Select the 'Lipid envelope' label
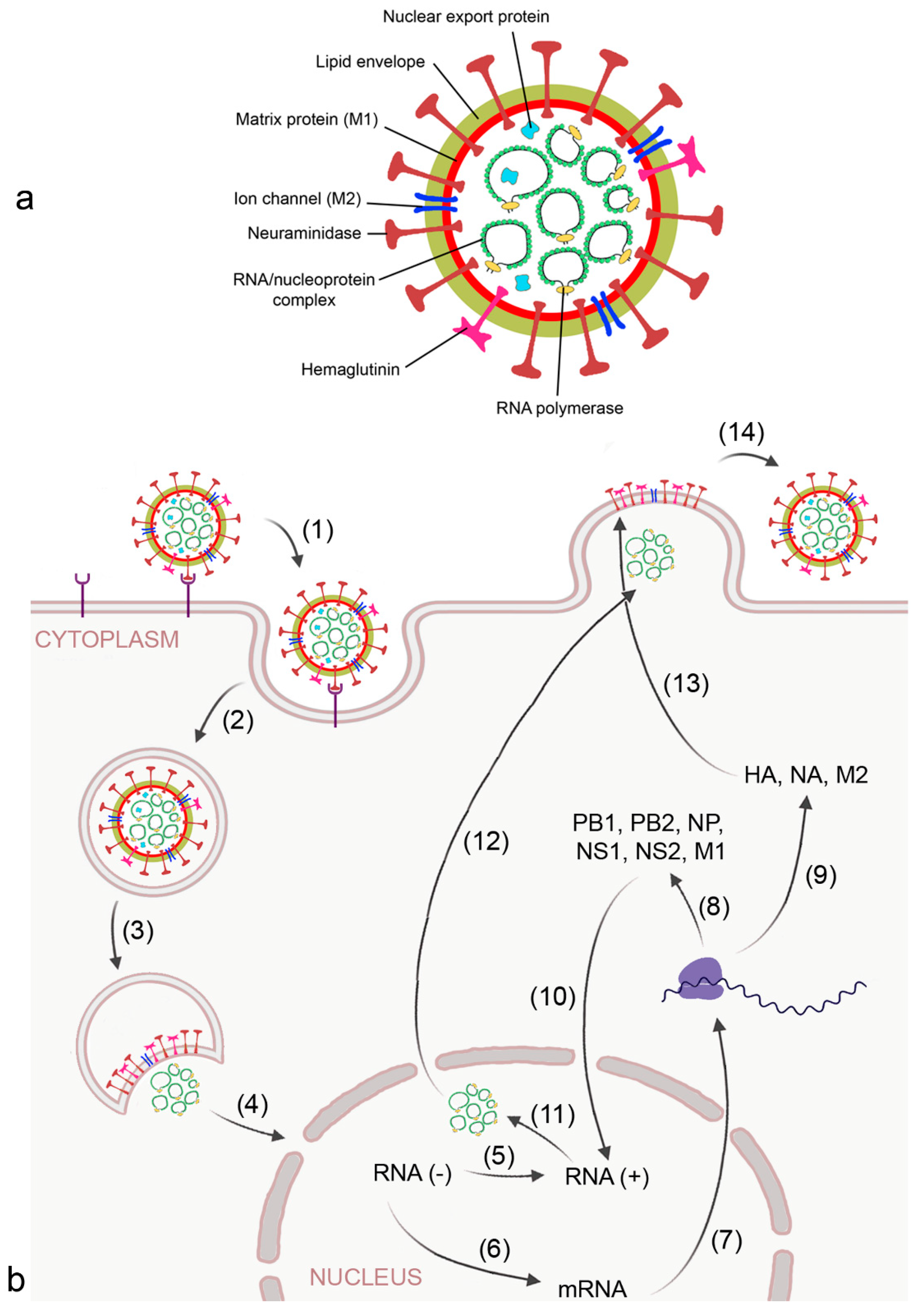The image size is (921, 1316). click(x=370, y=62)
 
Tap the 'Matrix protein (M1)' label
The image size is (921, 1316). click(x=307, y=119)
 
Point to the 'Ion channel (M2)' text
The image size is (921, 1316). click(x=298, y=199)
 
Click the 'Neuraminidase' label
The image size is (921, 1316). click(x=304, y=233)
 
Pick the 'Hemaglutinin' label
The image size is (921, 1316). click(x=350, y=370)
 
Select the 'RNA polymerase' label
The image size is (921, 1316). click(x=559, y=408)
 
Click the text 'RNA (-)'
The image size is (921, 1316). click(x=412, y=1173)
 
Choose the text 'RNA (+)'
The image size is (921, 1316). click(x=606, y=1177)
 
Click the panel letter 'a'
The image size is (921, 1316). click(x=24, y=199)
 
